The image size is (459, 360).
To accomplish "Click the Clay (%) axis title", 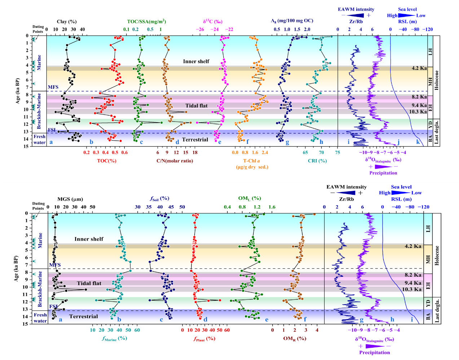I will click(x=67, y=22).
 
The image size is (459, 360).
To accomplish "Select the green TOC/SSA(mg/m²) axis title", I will click(x=146, y=22).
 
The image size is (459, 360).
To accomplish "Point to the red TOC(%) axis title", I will click(x=107, y=161).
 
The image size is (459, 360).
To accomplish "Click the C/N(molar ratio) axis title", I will click(x=175, y=161).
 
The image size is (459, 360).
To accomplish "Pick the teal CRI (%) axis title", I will click(x=317, y=161).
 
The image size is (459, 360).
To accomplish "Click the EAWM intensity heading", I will click(x=356, y=9).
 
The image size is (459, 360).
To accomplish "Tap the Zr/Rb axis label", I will click(x=356, y=22).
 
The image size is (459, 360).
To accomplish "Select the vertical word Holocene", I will click(x=436, y=80).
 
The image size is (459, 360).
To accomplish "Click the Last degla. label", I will click(x=436, y=132).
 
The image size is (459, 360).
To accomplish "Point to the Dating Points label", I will click(x=38, y=29).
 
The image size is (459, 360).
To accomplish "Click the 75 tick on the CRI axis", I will click(x=337, y=153).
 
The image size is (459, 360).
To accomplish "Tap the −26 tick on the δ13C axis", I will click(x=199, y=30).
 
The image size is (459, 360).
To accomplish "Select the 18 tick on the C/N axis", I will click(x=195, y=153).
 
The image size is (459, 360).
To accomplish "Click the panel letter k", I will click(x=418, y=142).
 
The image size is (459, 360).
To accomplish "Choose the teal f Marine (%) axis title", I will click(x=114, y=339).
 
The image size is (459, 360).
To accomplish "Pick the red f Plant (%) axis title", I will click(x=204, y=339).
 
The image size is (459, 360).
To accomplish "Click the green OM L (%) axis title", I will click(x=250, y=198).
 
